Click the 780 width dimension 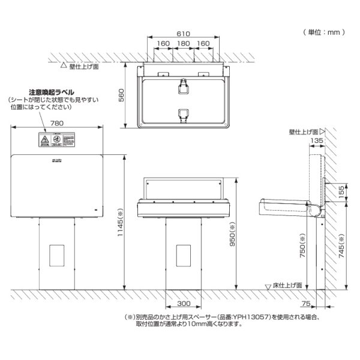tap(57, 123)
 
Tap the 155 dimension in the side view tap(341, 191)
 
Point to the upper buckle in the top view tap(183, 86)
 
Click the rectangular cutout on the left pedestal tap(58, 256)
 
